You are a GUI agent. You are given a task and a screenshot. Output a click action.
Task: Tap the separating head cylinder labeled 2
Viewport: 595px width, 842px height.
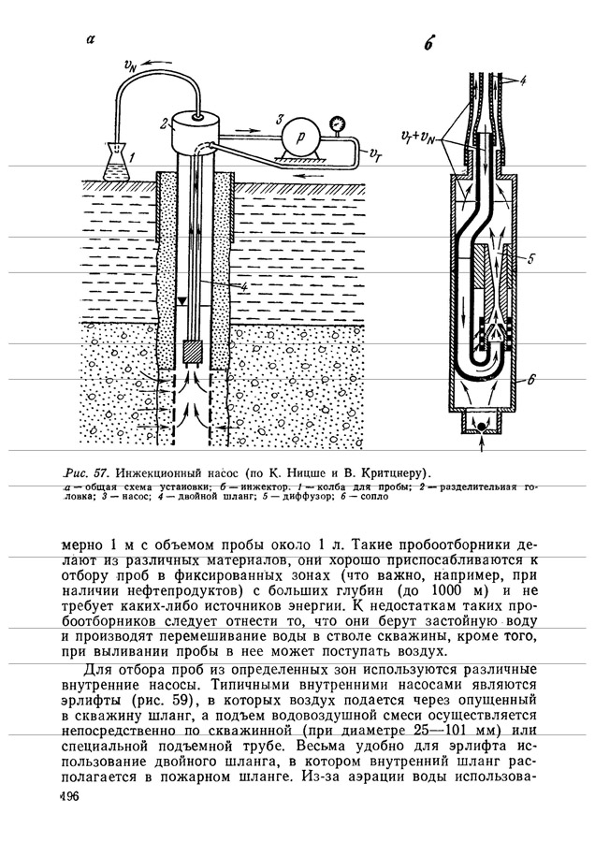pos(194,128)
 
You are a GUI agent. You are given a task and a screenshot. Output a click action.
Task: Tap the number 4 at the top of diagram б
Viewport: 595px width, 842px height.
pos(523,81)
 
